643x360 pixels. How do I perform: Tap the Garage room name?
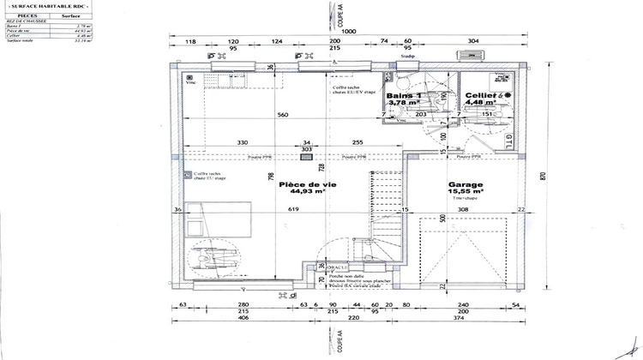click(466, 184)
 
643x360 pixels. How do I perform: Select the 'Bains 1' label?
click(402, 95)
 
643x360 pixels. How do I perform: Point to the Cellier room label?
click(482, 95)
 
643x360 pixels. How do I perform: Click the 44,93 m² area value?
click(306, 192)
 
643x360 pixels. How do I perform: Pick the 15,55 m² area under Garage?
click(466, 192)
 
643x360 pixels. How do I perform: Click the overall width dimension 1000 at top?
click(348, 31)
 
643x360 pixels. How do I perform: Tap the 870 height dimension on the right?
click(543, 176)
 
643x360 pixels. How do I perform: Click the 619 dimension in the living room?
click(292, 210)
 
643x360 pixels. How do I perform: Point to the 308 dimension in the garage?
click(462, 210)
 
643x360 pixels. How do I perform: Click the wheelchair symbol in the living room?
click(210, 258)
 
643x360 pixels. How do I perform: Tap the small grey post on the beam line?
click(306, 158)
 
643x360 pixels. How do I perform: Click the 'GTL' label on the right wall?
click(510, 139)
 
